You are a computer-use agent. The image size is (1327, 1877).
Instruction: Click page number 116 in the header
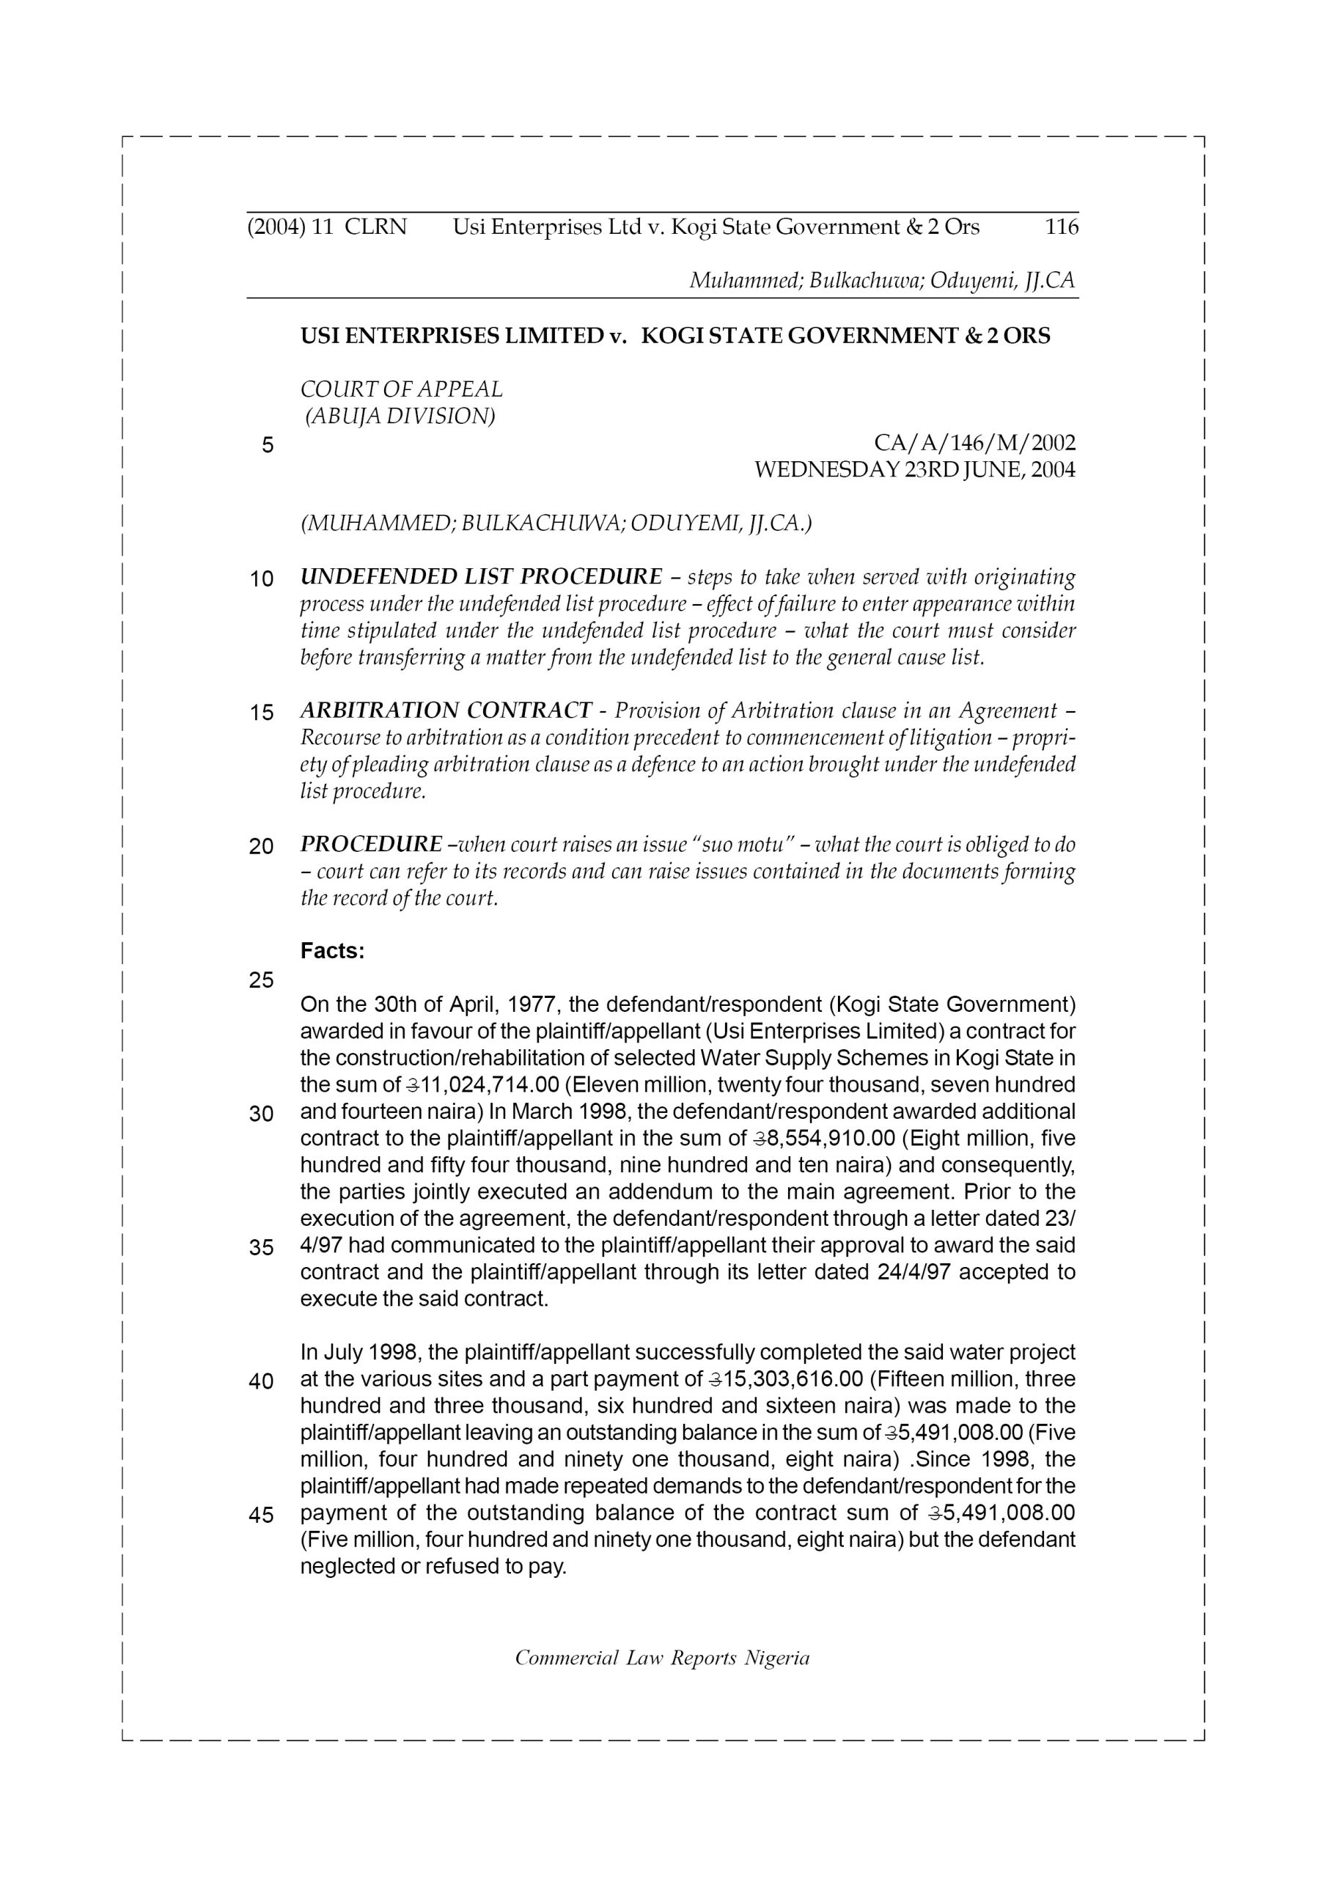click(x=1062, y=227)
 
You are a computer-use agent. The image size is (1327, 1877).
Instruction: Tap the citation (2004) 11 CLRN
click(x=326, y=227)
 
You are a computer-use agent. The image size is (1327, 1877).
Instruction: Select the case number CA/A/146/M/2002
click(x=974, y=443)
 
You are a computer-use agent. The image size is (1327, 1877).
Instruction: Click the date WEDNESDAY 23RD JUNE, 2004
click(x=914, y=470)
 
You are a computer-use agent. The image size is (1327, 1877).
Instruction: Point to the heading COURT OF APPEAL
click(x=402, y=389)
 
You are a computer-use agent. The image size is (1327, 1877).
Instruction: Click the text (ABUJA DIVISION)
click(x=400, y=416)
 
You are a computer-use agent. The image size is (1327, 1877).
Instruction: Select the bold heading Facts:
click(x=332, y=951)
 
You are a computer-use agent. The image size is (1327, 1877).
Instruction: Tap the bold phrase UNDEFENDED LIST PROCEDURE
click(x=481, y=576)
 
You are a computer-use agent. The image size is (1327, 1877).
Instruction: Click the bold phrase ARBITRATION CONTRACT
click(x=446, y=710)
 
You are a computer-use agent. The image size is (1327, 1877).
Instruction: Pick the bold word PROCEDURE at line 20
click(x=371, y=844)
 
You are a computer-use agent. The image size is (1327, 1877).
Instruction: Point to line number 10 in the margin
click(x=261, y=580)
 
